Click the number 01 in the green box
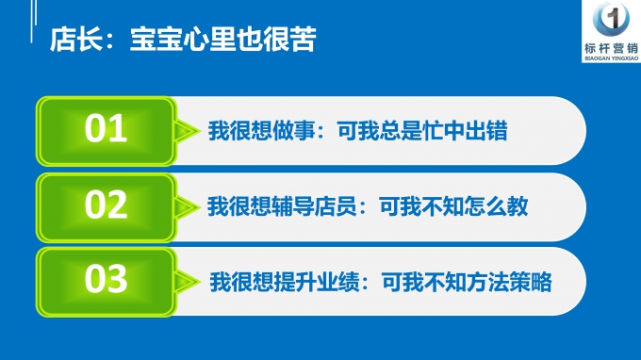106,129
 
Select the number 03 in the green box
106,280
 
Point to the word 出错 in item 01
487,132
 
